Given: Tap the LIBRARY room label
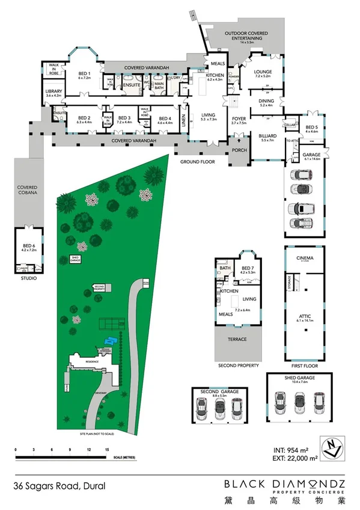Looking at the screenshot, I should tap(54, 93).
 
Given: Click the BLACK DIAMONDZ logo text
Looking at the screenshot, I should tap(285, 484).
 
